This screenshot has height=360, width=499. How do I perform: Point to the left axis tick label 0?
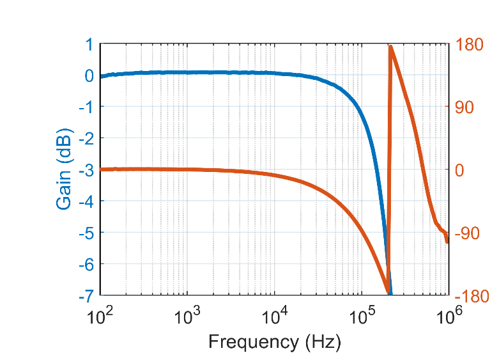pyautogui.click(x=89, y=75)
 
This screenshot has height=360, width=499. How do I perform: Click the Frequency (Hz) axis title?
pyautogui.click(x=274, y=341)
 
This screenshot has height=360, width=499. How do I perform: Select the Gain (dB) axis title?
pyautogui.click(x=65, y=169)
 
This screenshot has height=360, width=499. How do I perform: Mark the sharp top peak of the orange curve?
pyautogui.click(x=390, y=47)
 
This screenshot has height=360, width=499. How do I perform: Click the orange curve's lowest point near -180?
pyautogui.click(x=388, y=291)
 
